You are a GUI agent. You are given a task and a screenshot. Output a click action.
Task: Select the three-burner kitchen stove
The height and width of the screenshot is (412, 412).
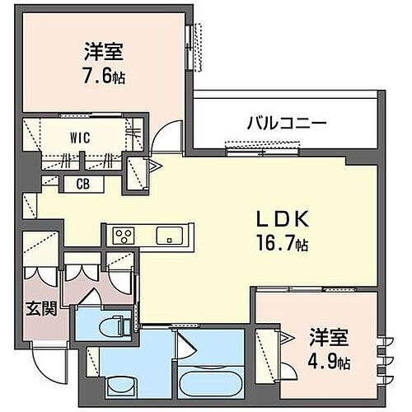pos(123,236)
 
